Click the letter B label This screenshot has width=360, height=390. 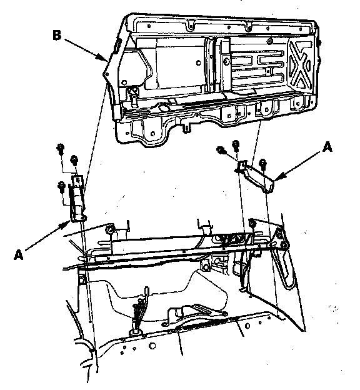tap(57, 35)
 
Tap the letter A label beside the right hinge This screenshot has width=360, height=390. tap(327, 147)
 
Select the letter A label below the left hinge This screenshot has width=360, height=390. tap(18, 255)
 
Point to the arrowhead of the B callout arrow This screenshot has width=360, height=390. tap(104, 58)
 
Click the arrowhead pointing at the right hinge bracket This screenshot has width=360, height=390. tap(277, 177)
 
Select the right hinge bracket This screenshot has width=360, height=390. tap(254, 176)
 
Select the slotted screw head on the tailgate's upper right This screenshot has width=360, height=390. tap(269, 41)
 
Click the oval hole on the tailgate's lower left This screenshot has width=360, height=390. tap(163, 107)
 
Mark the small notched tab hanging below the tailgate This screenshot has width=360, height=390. tap(186, 128)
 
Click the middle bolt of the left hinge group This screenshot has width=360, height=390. tap(74, 159)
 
